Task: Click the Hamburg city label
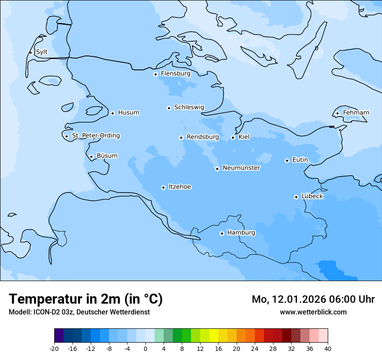click(x=241, y=232)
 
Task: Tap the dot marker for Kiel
click(x=233, y=137)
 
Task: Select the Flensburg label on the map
click(x=175, y=74)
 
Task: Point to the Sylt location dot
click(x=30, y=52)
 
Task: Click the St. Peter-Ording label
click(x=95, y=136)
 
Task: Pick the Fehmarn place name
click(x=356, y=113)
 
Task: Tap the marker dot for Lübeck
click(x=296, y=197)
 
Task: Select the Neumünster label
click(x=241, y=168)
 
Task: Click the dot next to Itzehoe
click(x=163, y=187)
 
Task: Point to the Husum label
click(x=128, y=113)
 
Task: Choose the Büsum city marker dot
click(x=91, y=157)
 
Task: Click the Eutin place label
click(x=300, y=160)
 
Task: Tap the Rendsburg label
click(x=203, y=137)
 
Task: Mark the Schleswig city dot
click(x=169, y=108)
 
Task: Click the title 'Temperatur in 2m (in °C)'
click(x=86, y=299)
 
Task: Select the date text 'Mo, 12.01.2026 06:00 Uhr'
click(x=313, y=299)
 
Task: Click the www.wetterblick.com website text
click(x=313, y=312)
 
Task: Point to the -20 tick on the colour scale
click(x=54, y=348)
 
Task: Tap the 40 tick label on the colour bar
click(x=328, y=348)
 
